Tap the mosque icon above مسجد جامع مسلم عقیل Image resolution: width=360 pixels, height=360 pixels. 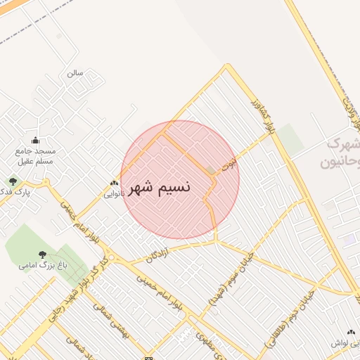click(x=35, y=140)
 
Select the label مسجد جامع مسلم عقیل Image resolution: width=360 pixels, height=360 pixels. click(x=35, y=156)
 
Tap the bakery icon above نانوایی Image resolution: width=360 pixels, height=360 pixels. click(x=114, y=182)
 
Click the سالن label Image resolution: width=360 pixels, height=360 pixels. click(x=75, y=72)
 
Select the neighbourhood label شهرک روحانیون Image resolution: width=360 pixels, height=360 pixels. click(x=338, y=153)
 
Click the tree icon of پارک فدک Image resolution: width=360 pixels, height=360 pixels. click(x=13, y=181)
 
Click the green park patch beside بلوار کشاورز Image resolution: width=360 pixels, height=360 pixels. click(x=290, y=139)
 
